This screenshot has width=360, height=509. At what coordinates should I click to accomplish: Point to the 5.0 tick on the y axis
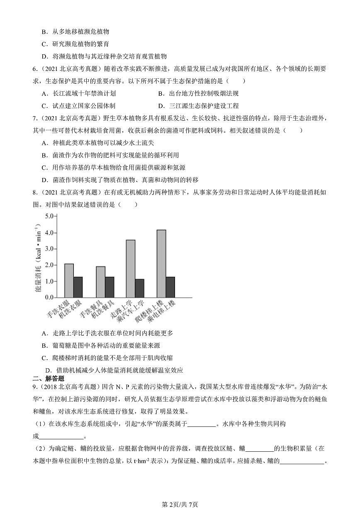coord(50,217)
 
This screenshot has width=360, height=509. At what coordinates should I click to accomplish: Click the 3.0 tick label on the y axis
coord(50,249)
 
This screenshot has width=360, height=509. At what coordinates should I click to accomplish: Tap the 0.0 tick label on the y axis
coord(50,297)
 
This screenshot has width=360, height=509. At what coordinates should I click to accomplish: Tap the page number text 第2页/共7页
coord(180,504)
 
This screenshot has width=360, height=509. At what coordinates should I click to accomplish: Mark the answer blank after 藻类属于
coord(202,424)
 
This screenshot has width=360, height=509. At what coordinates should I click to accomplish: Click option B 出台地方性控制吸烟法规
coord(198,94)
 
